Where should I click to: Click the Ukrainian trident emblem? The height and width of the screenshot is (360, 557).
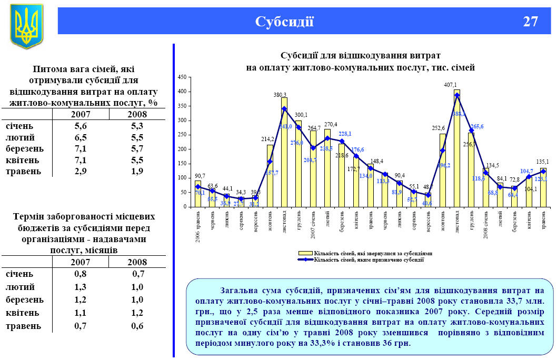pyautogui.click(x=26, y=26)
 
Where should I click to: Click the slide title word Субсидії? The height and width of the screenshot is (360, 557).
pyautogui.click(x=284, y=22)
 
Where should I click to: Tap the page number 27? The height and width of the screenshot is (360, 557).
pyautogui.click(x=530, y=22)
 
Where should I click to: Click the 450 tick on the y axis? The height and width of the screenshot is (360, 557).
pyautogui.click(x=183, y=77)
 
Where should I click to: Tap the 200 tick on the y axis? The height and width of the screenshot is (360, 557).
pyautogui.click(x=183, y=149)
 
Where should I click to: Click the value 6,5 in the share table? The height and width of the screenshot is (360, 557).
pyautogui.click(x=81, y=137)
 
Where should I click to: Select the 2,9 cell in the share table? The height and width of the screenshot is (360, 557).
pyautogui.click(x=81, y=172)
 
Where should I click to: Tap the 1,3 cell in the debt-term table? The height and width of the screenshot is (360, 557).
pyautogui.click(x=81, y=287)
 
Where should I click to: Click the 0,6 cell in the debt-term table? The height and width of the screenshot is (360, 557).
pyautogui.click(x=138, y=326)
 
